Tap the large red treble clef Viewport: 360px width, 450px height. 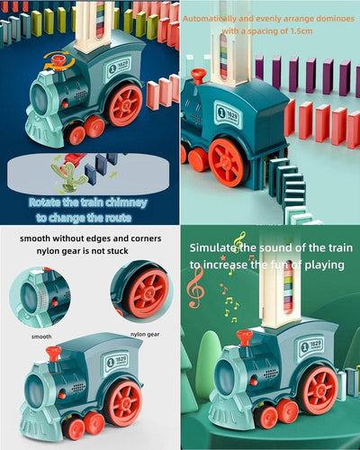pos(194,288)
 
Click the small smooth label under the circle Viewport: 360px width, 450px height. pos(41,337)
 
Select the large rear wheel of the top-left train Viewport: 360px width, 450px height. pos(124,104)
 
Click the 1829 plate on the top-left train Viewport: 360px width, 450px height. pos(116,66)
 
